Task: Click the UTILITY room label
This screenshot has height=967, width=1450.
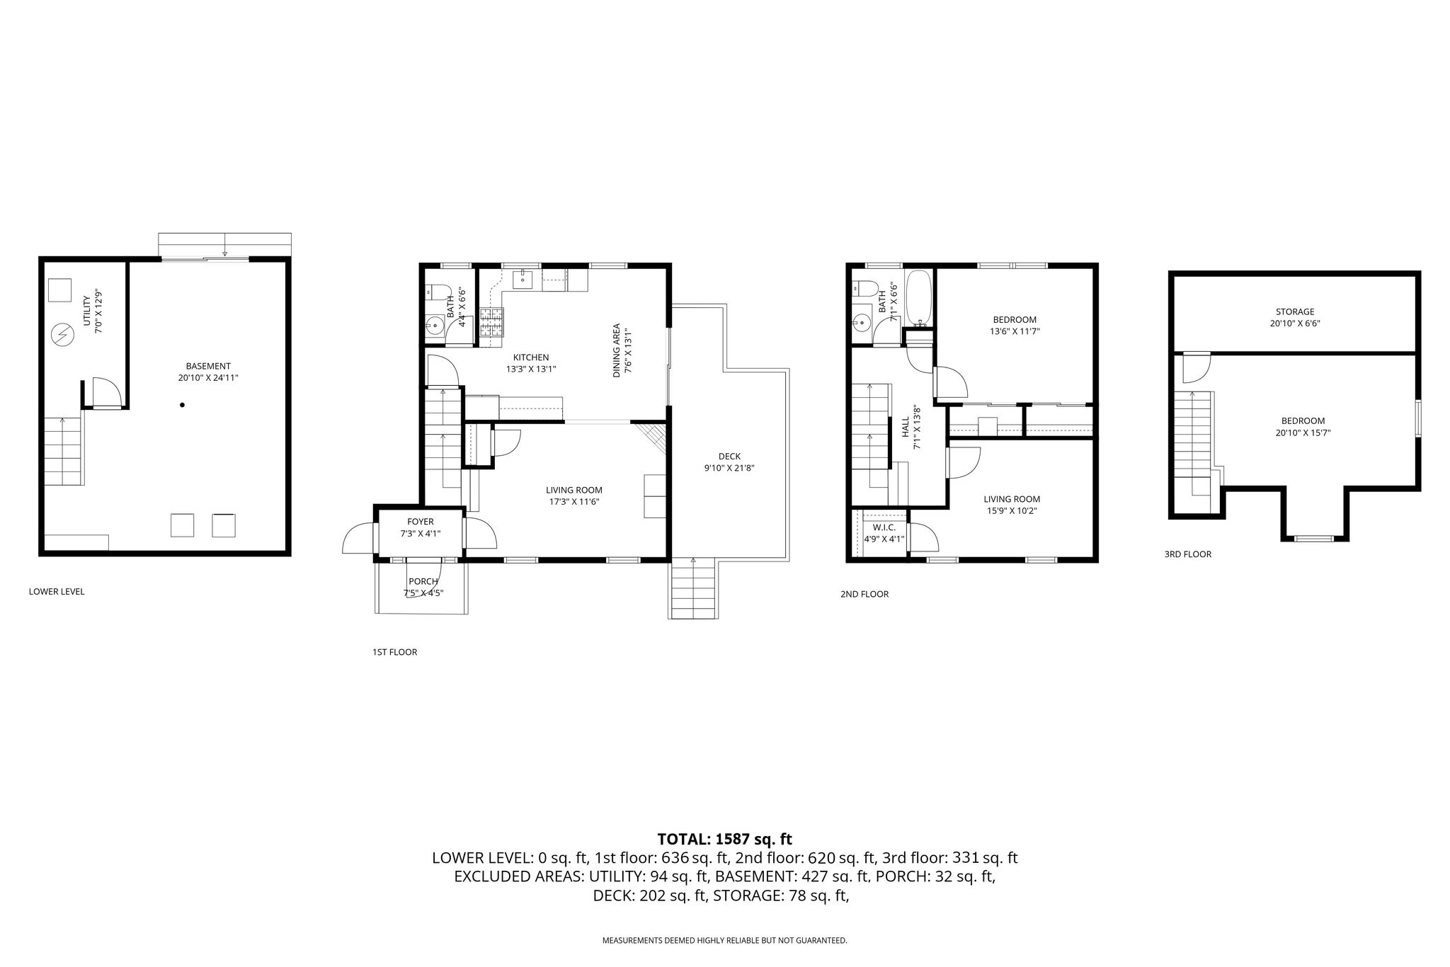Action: click(x=87, y=311)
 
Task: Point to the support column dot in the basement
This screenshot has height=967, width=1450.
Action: click(x=182, y=405)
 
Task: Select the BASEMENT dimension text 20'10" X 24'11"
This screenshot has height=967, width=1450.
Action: click(x=208, y=378)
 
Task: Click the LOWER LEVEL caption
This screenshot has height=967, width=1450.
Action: click(x=57, y=592)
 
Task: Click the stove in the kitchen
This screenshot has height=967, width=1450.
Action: click(x=492, y=323)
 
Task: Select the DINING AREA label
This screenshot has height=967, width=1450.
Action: click(x=617, y=350)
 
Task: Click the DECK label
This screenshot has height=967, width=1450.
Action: click(x=729, y=457)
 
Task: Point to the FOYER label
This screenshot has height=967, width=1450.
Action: click(x=421, y=522)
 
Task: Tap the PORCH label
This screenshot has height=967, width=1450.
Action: click(x=423, y=582)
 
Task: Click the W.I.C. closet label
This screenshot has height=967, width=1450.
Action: click(x=884, y=527)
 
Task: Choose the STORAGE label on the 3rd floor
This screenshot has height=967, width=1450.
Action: click(x=1295, y=311)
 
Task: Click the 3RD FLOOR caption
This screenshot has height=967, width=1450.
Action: click(x=1188, y=554)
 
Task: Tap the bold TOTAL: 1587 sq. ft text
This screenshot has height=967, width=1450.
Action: click(x=725, y=840)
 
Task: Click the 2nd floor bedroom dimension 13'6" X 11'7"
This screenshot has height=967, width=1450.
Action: click(x=1015, y=331)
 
